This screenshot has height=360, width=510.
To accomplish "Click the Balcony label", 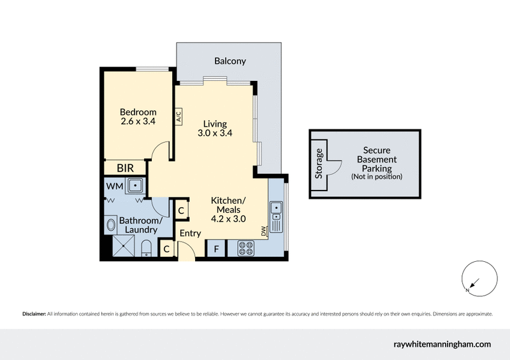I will coord(229,61).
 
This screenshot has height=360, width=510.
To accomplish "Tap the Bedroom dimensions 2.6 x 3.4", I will coord(138,120).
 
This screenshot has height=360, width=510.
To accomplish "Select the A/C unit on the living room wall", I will coord(178,116).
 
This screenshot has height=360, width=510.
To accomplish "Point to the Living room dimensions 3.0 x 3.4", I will coord(214,133).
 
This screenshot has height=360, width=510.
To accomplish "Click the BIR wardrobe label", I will coord(125,168).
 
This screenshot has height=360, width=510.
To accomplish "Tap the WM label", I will coord(115,186).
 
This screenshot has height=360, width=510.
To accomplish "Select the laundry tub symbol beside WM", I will coord(135,186).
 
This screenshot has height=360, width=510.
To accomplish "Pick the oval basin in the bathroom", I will coord(109,224).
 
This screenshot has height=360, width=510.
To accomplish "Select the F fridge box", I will coord(216,249).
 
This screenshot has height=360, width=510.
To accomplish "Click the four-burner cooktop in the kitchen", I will coord(245,248).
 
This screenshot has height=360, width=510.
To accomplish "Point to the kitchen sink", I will coord(276,217).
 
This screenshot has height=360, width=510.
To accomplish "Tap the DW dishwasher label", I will coord(263,233).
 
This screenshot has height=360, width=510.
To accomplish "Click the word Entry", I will coord(190,234).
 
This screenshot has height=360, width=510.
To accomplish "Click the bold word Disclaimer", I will coord(34,314).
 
